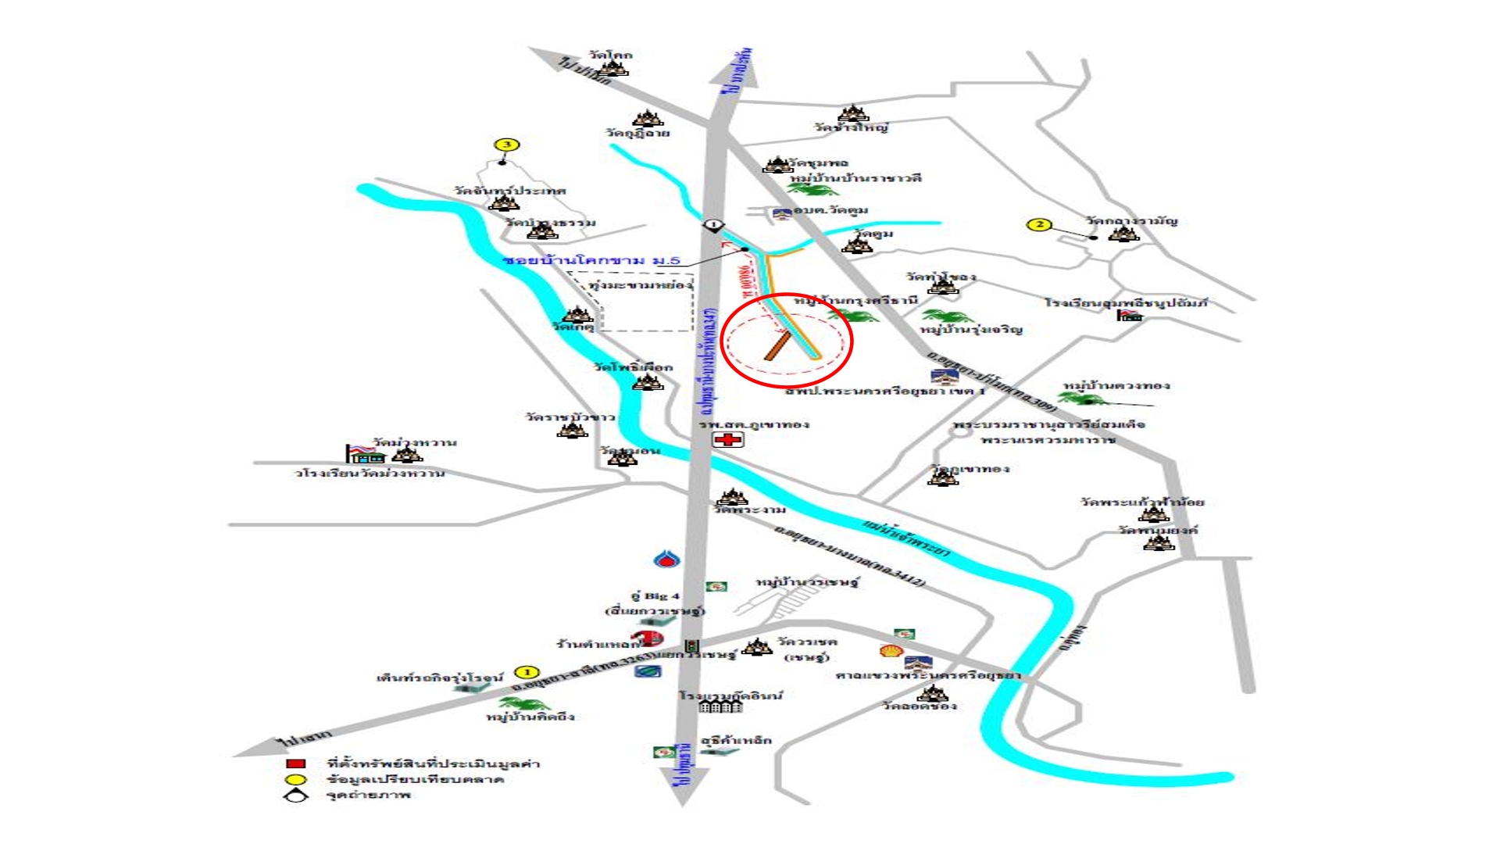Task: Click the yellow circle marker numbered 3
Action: pyautogui.click(x=507, y=145)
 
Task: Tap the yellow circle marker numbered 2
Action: pyautogui.click(x=1039, y=225)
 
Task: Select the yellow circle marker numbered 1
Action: pyautogui.click(x=527, y=672)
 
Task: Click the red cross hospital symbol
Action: pyautogui.click(x=728, y=440)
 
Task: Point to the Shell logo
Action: pyautogui.click(x=891, y=650)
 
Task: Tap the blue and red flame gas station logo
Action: pyautogui.click(x=666, y=559)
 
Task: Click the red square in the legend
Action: pyautogui.click(x=295, y=764)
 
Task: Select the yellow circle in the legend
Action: pyautogui.click(x=295, y=779)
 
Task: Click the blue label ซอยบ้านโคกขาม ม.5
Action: pyautogui.click(x=591, y=260)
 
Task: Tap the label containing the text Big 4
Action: pyautogui.click(x=655, y=596)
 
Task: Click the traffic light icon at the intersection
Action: pyautogui.click(x=691, y=646)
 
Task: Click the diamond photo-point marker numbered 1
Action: pyautogui.click(x=712, y=225)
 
